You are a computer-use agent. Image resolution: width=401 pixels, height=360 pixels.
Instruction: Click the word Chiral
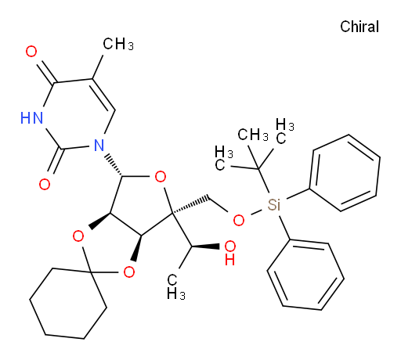(359, 27)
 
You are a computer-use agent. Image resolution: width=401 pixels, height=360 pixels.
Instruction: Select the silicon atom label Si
(274, 204)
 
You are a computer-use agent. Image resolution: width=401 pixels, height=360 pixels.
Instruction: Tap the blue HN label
(32, 117)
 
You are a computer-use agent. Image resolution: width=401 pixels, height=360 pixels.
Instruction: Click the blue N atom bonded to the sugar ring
(99, 146)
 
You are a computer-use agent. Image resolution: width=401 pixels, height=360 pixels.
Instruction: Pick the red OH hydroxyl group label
(230, 253)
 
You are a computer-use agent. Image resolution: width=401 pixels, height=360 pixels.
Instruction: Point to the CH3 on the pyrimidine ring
(118, 44)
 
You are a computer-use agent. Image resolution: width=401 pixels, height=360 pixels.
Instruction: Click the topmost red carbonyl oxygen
(31, 52)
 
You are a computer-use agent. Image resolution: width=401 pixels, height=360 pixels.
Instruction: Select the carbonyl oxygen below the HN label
(45, 185)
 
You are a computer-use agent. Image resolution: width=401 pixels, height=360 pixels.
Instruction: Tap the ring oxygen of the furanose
(161, 177)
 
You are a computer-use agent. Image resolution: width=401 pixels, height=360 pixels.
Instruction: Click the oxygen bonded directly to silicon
(239, 221)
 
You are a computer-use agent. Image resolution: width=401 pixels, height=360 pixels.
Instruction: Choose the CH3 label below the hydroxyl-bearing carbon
(176, 286)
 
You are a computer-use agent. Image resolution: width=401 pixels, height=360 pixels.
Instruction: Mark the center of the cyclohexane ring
(68, 303)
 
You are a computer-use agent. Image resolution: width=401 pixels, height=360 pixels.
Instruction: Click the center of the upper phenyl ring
(345, 173)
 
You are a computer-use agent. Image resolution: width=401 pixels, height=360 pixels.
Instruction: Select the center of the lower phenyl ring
(305, 275)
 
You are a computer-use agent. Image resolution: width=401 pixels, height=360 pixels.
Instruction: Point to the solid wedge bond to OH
(205, 247)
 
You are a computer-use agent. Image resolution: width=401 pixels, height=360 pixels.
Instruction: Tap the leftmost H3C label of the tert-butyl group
(224, 158)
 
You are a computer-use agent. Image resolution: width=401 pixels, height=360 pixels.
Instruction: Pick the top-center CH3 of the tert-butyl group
(253, 135)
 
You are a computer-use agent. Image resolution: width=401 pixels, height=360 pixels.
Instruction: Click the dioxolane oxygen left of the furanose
(78, 236)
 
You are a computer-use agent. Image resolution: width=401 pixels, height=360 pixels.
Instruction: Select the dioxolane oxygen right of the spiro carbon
(129, 272)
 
